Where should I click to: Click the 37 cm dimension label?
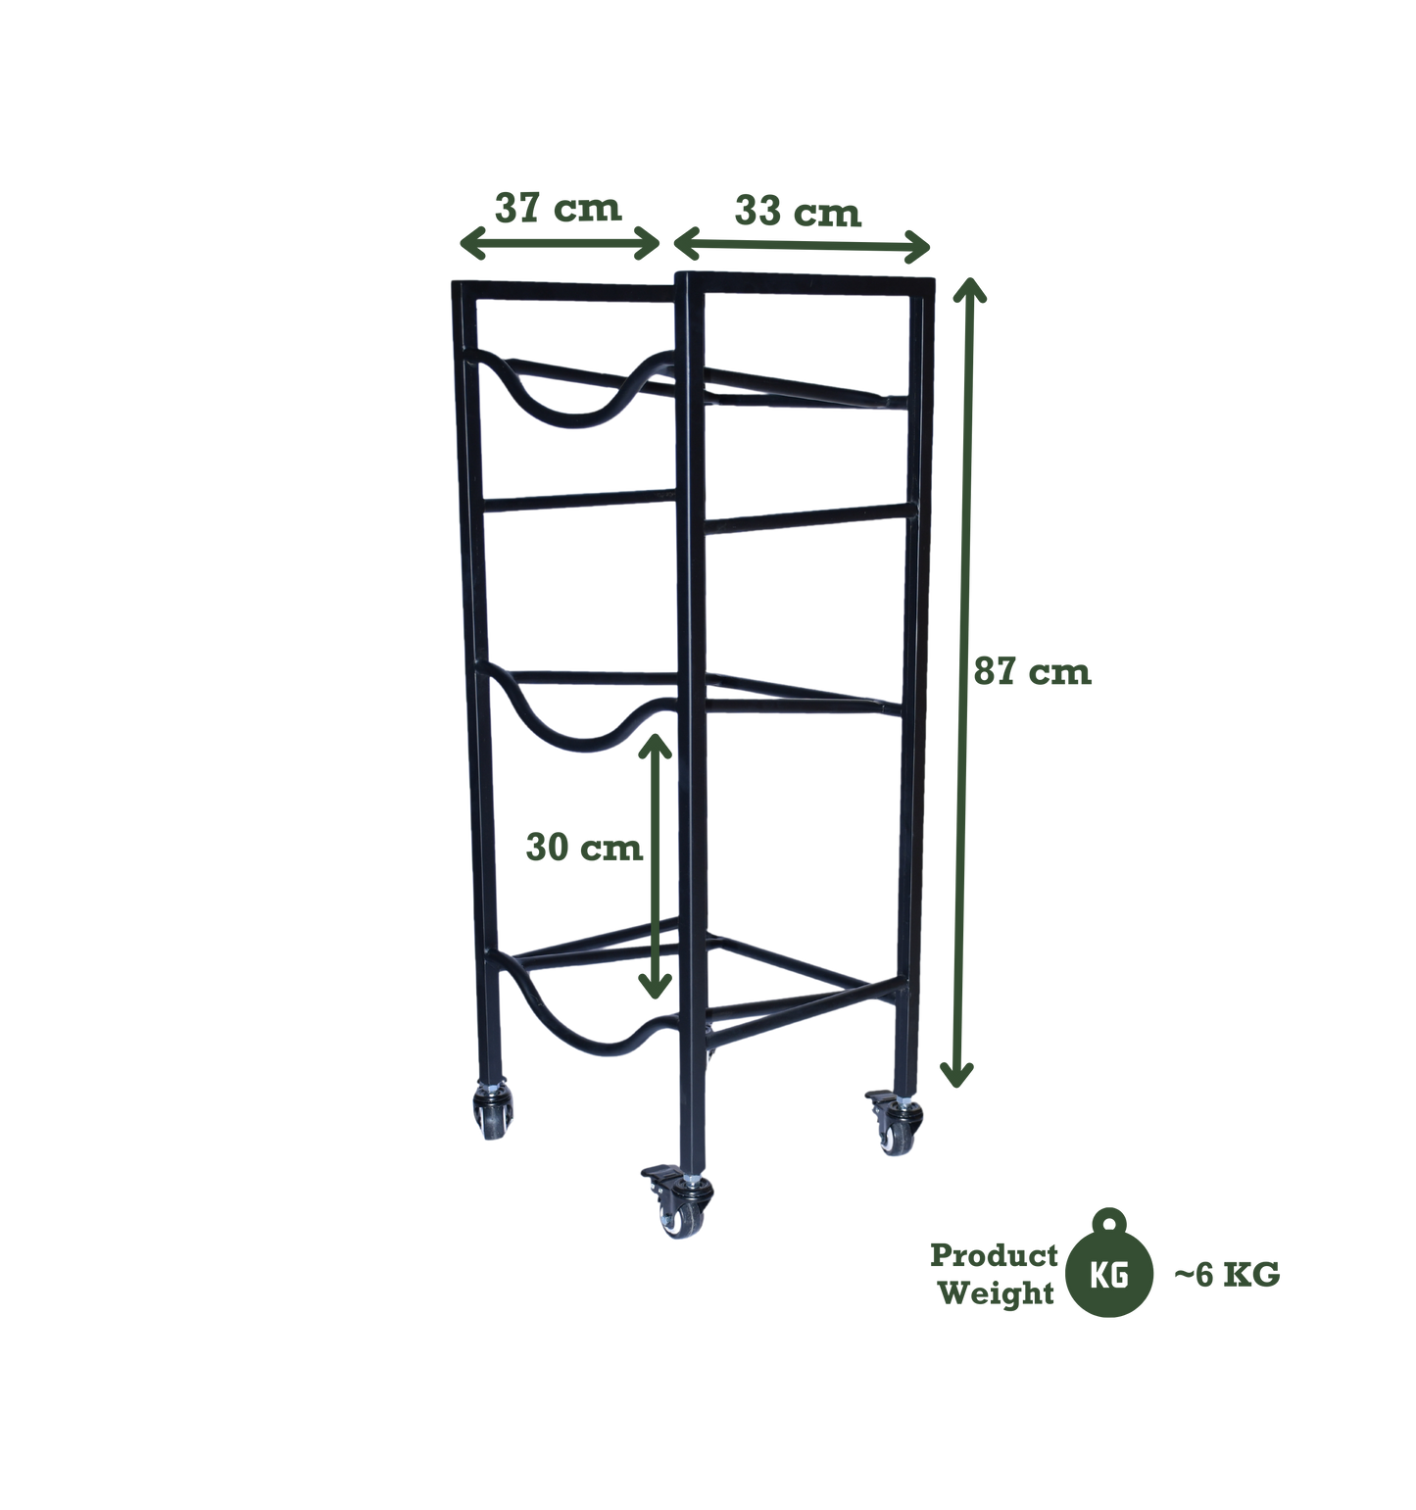pos(558,208)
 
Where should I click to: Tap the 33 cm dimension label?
pos(798,212)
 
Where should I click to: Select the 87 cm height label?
pos(1032,672)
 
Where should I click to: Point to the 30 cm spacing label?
pos(584,848)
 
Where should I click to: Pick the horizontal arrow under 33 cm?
pos(802,245)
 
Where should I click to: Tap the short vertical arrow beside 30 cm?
pos(655,865)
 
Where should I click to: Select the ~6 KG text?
pos(1227,1275)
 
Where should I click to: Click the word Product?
pos(994,1255)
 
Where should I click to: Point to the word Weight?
pos(996,1293)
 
